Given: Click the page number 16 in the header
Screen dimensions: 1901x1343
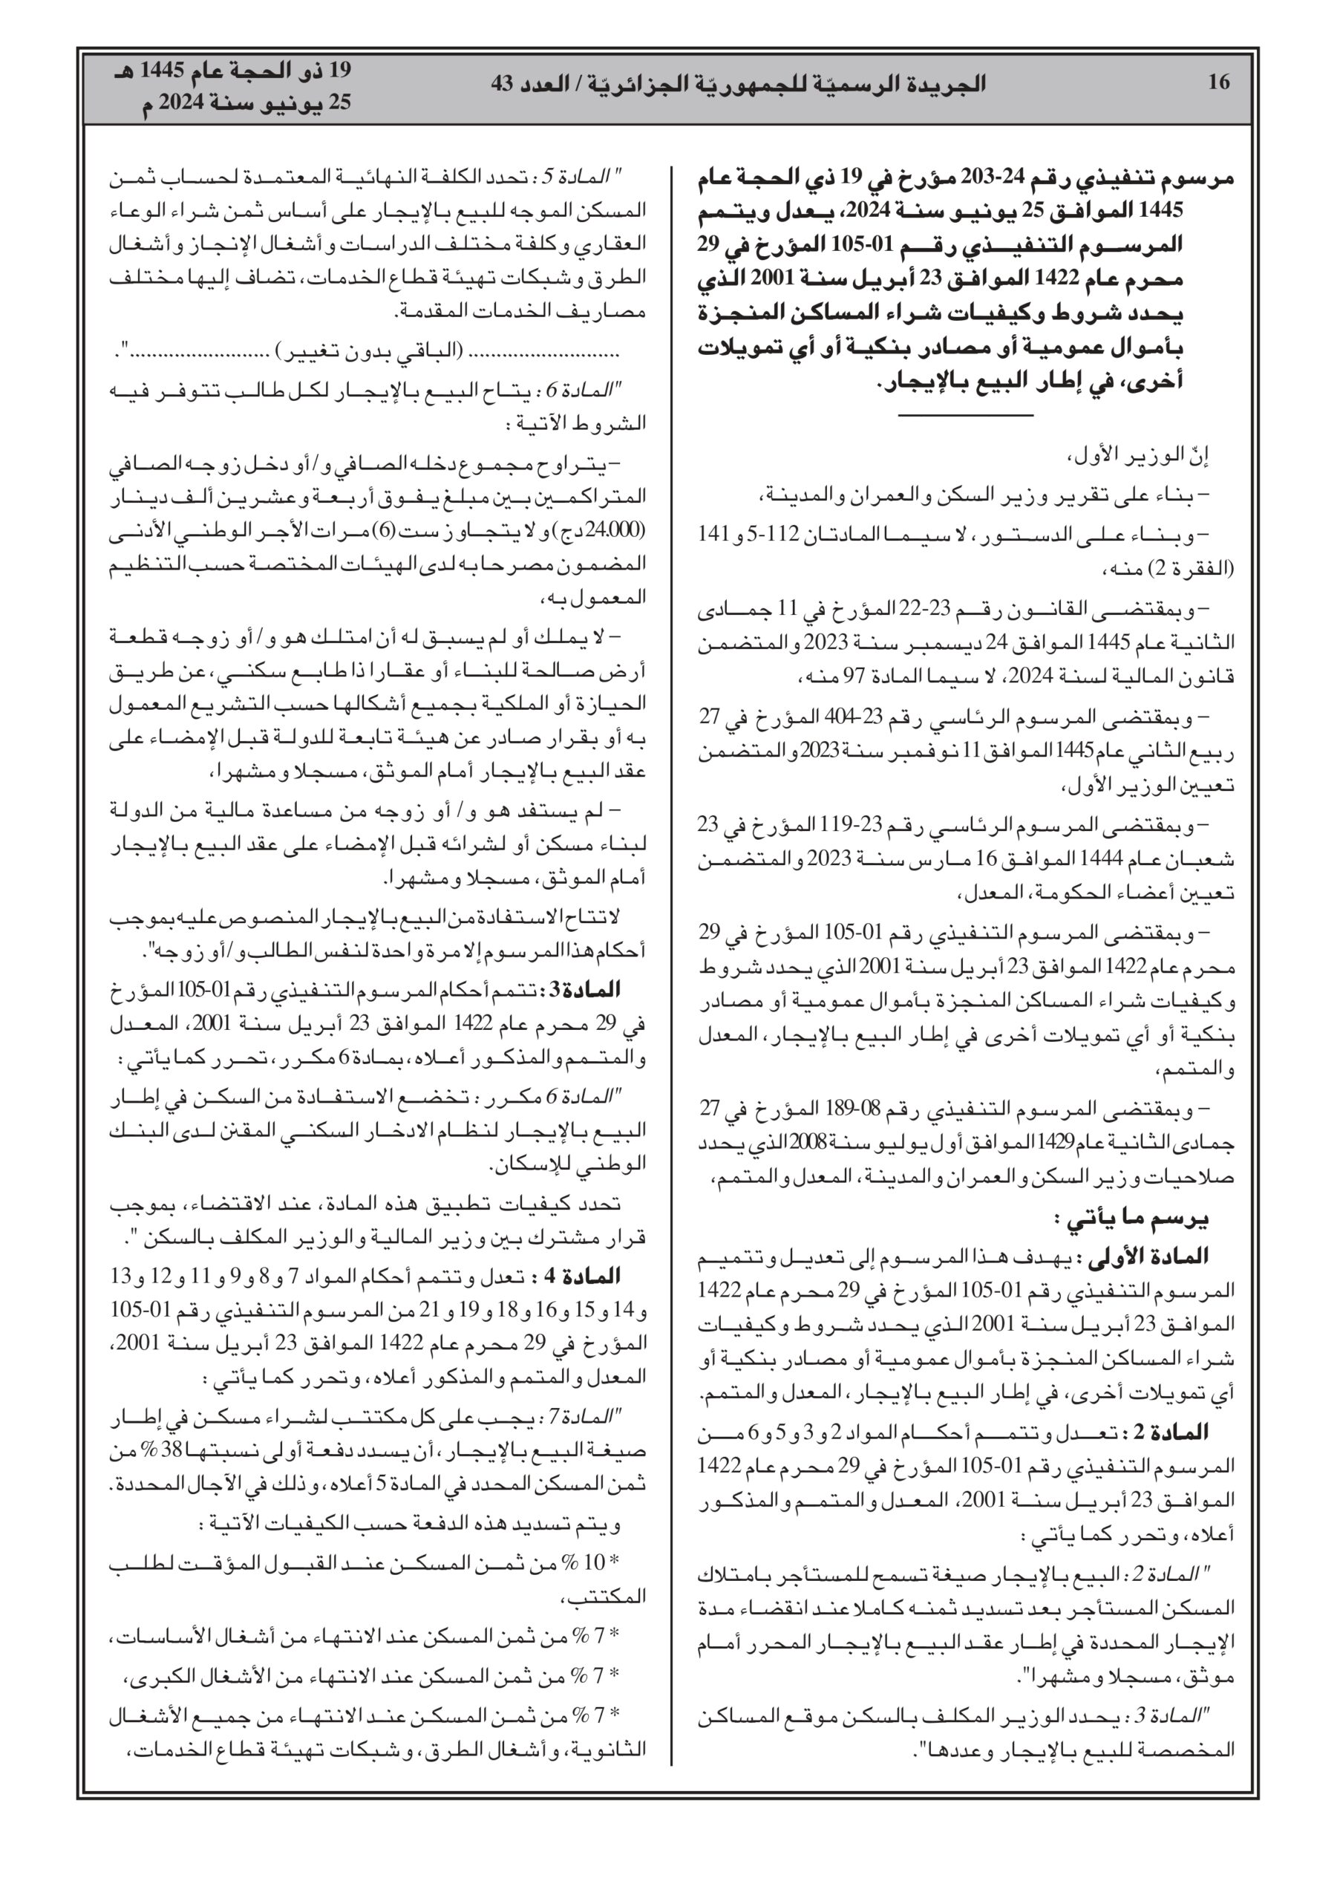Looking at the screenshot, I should (1219, 82).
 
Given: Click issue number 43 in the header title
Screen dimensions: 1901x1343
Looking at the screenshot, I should (503, 84).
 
